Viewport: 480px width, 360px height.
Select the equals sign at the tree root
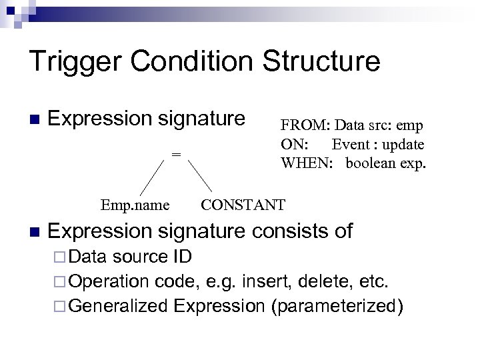[176, 154]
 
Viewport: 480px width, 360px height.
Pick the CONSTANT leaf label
[243, 204]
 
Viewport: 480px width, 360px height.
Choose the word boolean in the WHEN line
[370, 162]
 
